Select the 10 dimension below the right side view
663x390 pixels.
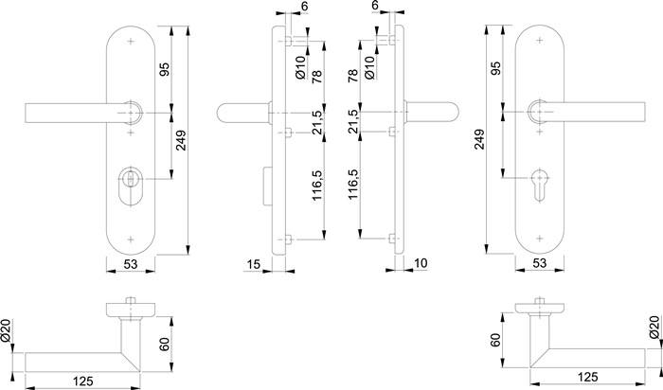(421, 263)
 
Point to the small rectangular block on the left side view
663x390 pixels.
(264, 186)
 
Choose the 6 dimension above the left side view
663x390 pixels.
(302, 7)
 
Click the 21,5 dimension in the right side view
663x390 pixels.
(354, 123)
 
